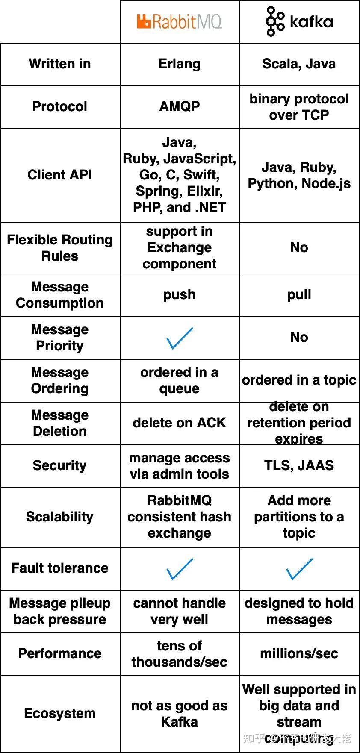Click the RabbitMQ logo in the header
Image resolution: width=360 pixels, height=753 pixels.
[179, 21]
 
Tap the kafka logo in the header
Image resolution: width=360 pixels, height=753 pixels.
[299, 21]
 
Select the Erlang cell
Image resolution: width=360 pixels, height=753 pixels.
[179, 64]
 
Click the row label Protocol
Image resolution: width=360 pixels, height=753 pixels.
[60, 106]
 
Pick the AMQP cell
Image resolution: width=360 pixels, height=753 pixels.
[179, 106]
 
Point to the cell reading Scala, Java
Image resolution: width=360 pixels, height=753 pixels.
[299, 64]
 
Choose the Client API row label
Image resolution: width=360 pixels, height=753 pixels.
[60, 175]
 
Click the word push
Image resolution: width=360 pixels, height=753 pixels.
[179, 294]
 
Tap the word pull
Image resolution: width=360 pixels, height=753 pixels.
[299, 294]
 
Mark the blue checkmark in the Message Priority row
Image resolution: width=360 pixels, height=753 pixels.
[179, 338]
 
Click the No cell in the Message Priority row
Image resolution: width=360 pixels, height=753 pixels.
[299, 337]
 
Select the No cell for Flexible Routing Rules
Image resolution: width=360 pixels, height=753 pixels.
[299, 247]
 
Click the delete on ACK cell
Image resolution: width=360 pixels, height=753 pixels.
[179, 423]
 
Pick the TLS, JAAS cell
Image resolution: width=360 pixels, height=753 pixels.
[299, 465]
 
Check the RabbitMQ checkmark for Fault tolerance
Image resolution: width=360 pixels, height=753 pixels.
[179, 569]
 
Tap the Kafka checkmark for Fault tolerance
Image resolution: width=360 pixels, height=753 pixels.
[299, 569]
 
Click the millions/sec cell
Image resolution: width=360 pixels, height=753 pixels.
[299, 653]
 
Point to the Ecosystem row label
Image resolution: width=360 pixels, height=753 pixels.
[60, 713]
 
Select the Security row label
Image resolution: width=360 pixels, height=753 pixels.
[60, 465]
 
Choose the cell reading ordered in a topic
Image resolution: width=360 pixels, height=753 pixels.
[299, 380]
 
